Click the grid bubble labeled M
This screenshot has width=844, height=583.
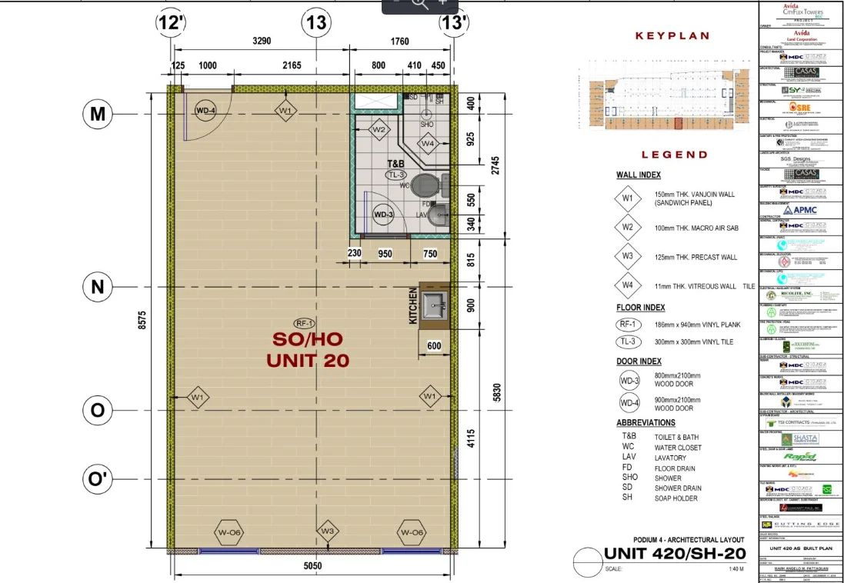click(x=98, y=114)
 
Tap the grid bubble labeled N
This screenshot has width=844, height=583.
click(x=98, y=287)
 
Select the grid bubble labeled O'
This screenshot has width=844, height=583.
click(x=98, y=479)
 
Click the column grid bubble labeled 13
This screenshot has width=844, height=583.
click(x=317, y=22)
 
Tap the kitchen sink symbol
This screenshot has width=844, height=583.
click(x=435, y=305)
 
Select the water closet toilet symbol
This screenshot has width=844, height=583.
click(x=423, y=185)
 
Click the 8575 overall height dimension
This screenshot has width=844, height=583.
click(x=142, y=319)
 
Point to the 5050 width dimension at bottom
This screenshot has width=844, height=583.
click(x=312, y=566)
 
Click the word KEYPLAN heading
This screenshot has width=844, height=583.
click(x=672, y=35)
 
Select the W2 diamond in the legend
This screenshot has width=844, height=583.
click(x=628, y=228)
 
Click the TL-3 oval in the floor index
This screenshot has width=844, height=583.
click(x=628, y=341)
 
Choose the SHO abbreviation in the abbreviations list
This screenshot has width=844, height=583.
click(x=629, y=478)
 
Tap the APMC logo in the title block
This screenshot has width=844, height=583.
click(x=800, y=209)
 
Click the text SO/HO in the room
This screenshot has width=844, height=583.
click(x=308, y=339)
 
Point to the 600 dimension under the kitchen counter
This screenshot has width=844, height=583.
click(x=434, y=347)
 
